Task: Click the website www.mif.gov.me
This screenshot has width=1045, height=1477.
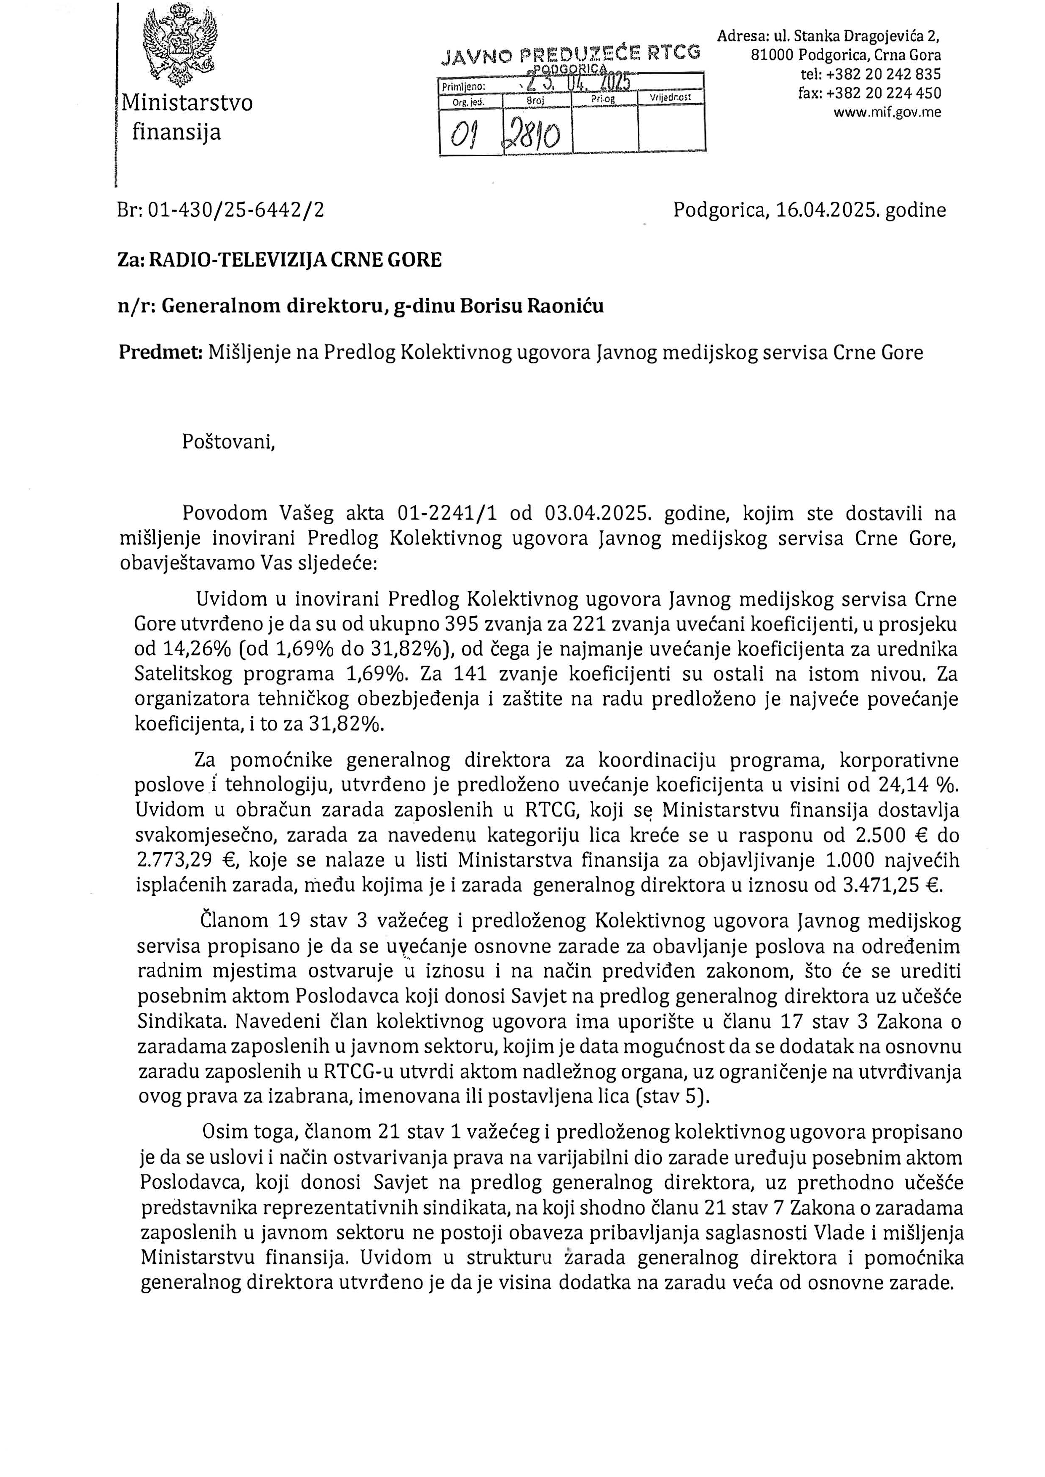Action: click(887, 112)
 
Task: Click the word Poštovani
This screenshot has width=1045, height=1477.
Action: click(228, 442)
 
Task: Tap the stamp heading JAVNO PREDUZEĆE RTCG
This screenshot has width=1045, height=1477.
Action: click(570, 55)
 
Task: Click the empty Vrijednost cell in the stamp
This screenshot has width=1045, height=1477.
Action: click(671, 128)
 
